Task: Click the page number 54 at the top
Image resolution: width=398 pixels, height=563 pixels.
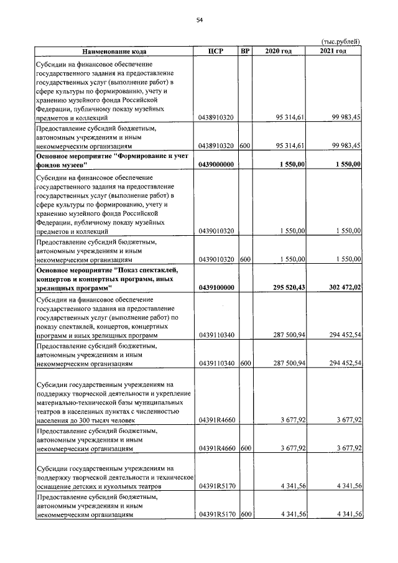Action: [200, 21]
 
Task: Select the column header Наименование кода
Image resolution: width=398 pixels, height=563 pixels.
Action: [114, 51]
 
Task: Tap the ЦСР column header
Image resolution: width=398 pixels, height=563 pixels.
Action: [216, 51]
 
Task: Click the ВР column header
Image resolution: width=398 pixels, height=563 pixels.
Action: [245, 51]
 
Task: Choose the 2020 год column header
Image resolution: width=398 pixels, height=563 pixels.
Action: [279, 51]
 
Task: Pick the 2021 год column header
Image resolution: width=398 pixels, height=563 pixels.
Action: [334, 51]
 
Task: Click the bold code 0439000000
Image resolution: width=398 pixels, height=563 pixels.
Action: [216, 164]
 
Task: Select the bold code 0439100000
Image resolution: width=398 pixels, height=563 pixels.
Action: [216, 288]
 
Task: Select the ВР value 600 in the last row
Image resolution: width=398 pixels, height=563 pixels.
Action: [245, 514]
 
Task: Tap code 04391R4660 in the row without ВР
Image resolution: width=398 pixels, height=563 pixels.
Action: [216, 421]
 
